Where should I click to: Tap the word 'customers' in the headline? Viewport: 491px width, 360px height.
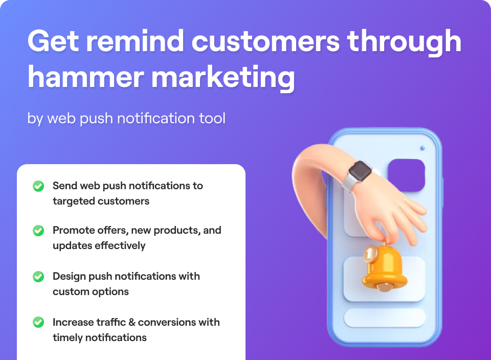pos(265,41)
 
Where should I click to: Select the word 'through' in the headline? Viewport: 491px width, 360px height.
pos(404,43)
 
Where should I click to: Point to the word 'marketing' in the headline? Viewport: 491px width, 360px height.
pos(223,78)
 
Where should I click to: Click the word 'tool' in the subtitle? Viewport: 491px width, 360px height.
pos(212,118)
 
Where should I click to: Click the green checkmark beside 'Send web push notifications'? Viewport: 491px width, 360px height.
pos(38,186)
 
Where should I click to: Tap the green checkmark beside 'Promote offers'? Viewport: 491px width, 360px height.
pos(38,231)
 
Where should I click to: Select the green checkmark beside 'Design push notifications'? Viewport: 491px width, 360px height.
pos(38,277)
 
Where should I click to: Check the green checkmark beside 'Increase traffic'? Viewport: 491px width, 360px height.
pos(38,322)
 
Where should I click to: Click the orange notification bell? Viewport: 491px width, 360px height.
pos(385,267)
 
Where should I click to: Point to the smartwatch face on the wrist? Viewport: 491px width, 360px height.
pos(360,171)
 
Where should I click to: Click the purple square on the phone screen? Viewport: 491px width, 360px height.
pos(407,175)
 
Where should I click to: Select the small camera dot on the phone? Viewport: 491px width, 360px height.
pos(422,148)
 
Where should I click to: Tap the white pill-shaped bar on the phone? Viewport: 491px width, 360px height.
pos(385,318)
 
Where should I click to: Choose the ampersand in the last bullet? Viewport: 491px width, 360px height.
pos(132,323)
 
